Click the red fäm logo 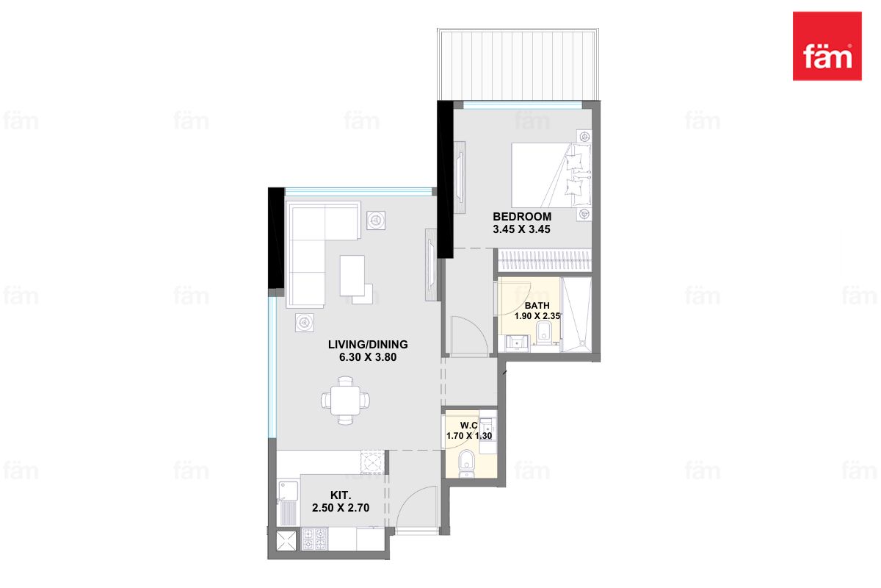[x=827, y=46]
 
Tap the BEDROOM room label [x=522, y=217]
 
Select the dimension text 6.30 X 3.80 [x=368, y=357]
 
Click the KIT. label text [x=341, y=495]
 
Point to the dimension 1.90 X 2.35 [x=537, y=316]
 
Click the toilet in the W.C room [x=467, y=463]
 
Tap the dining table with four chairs [x=345, y=401]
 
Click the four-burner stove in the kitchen [x=314, y=539]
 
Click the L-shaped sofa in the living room [x=323, y=254]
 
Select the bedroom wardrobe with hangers [x=545, y=260]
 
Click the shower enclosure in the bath [x=576, y=315]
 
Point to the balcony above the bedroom [x=518, y=64]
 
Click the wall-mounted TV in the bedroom [x=460, y=178]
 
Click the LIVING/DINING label [x=368, y=345]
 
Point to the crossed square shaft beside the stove [x=286, y=540]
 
